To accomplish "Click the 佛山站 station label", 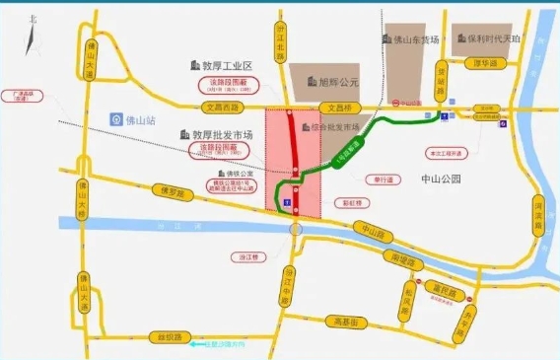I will pos(135,119).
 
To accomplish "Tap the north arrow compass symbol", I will pos(34,34).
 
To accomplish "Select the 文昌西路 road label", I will pos(220,106).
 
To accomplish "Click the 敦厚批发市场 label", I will pos(218,134).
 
